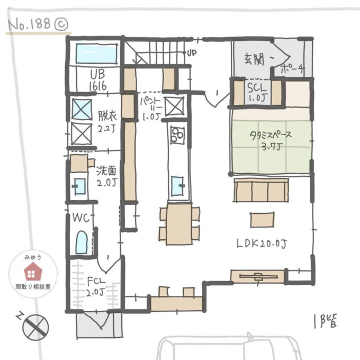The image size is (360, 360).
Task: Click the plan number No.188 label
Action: (x=31, y=24)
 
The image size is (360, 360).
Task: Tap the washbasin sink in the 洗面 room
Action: (x=80, y=187)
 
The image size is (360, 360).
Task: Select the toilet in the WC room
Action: (x=81, y=242)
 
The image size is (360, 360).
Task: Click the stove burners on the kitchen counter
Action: (x=176, y=137)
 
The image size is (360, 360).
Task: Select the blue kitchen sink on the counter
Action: (x=177, y=185)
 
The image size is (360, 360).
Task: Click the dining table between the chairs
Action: (x=179, y=223)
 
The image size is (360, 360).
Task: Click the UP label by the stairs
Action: (x=192, y=53)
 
